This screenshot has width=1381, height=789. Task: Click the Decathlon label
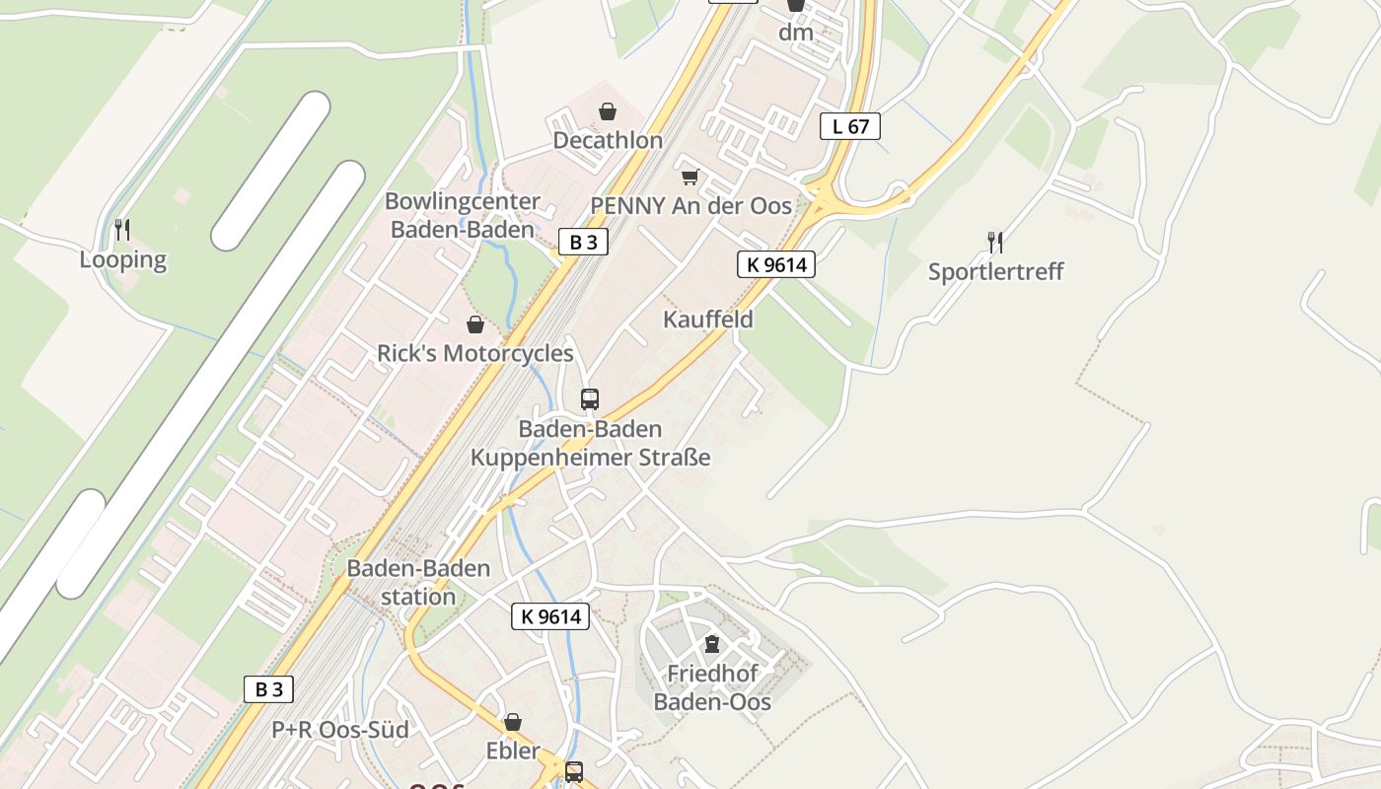pos(607,140)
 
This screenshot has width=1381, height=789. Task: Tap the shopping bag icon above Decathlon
pos(608,111)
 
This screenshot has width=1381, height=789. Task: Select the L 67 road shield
pos(849,126)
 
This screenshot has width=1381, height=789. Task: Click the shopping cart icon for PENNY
pos(690,178)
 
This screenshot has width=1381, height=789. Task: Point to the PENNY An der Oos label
pos(690,205)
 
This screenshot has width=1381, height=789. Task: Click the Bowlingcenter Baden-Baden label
pos(463,215)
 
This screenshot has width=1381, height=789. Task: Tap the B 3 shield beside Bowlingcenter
pos(583,242)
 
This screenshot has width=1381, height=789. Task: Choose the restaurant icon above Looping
pos(122,230)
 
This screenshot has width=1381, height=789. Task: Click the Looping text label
pos(123,259)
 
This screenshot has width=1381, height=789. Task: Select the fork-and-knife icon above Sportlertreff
pos(995,242)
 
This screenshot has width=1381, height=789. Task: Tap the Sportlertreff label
pos(995,271)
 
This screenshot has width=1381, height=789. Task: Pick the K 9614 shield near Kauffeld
pos(775,264)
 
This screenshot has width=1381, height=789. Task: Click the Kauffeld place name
pos(707,320)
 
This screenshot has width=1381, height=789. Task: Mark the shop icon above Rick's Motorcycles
pos(475,324)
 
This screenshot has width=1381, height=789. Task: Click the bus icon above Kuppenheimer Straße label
pos(590,399)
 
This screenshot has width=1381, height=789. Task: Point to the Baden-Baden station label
pos(418,582)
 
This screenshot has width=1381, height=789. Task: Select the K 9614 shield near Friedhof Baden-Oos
pos(550,616)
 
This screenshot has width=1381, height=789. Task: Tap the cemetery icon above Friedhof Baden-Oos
pos(711,644)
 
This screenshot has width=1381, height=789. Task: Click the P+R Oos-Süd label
pos(339,730)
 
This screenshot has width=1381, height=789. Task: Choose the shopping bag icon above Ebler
pos(513,723)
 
